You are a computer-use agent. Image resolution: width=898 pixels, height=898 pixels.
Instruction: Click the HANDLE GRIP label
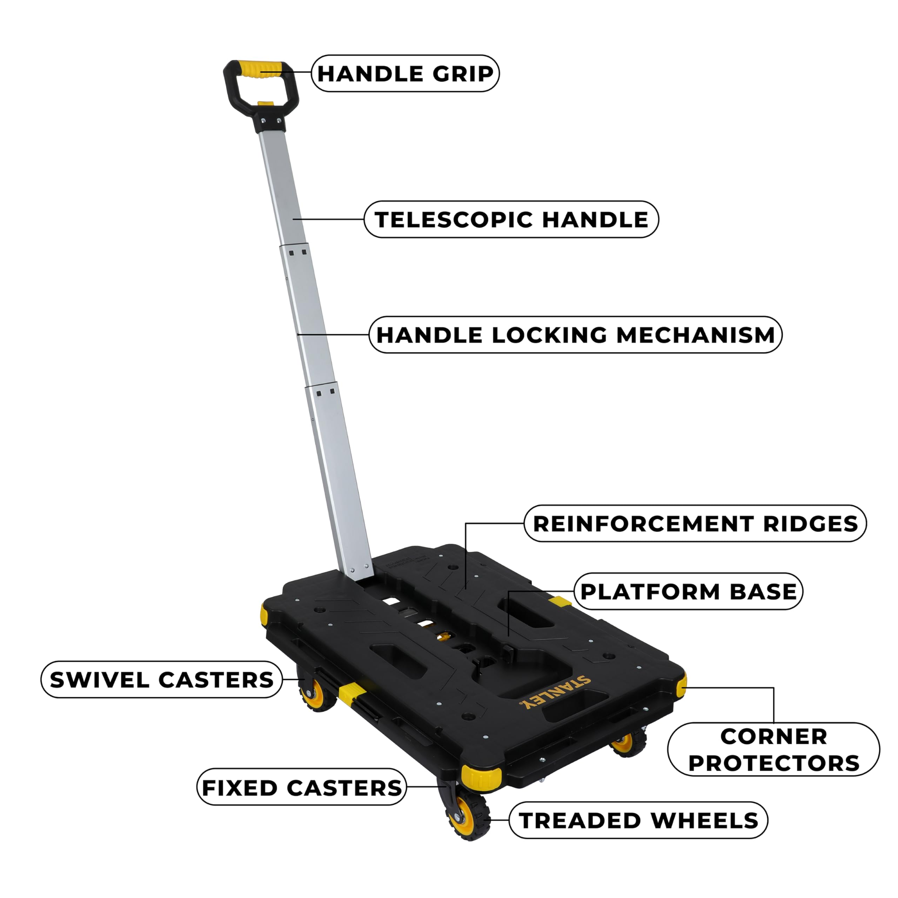point(405,73)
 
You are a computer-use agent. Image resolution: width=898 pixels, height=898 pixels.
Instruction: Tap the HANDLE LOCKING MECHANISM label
point(575,335)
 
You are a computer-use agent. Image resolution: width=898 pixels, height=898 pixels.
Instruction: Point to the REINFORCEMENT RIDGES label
point(695,523)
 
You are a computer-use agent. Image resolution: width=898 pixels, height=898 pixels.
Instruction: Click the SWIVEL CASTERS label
point(161,679)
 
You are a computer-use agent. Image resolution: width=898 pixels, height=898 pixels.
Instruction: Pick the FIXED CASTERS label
point(302,788)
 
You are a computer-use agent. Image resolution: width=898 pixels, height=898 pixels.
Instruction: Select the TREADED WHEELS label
point(638,820)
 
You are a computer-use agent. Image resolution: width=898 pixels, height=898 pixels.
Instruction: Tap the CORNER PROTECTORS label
point(773,750)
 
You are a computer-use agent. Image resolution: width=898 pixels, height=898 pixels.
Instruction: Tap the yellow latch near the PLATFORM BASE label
point(559,602)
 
